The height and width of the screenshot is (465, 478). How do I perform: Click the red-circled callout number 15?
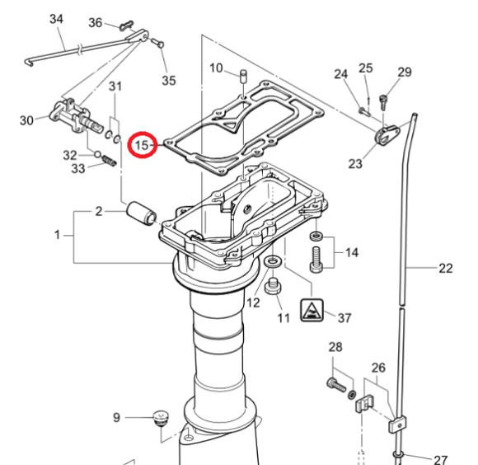144,146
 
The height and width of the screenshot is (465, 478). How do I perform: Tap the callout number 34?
56,18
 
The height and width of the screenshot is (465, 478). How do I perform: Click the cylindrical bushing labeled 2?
141,216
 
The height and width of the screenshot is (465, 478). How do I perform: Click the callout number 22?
445,267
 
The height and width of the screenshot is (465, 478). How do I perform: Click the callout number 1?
58,235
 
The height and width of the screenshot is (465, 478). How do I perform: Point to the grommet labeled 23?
385,136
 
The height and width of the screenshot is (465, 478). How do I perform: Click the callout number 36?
96,22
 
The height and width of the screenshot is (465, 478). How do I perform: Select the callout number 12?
253,303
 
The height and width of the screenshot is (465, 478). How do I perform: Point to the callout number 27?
441,459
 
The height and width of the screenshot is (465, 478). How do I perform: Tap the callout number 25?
366,68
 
